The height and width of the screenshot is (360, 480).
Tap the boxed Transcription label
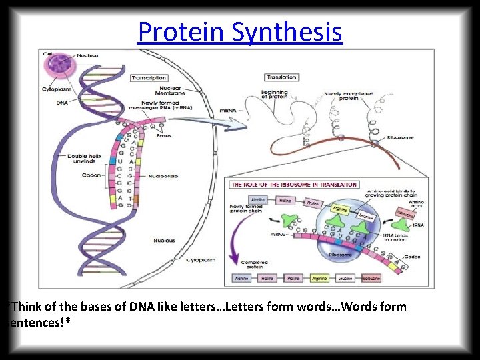pos(149,78)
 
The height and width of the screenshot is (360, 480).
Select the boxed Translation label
pos(281,77)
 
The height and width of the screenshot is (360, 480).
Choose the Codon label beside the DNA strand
pos(91,175)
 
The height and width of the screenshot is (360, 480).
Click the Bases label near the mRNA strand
pos(163,136)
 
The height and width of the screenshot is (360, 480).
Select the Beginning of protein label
pos(274,95)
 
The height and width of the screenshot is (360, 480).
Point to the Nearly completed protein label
pos(349,96)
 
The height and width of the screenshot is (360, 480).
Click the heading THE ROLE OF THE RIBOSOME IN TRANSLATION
pos(295,185)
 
